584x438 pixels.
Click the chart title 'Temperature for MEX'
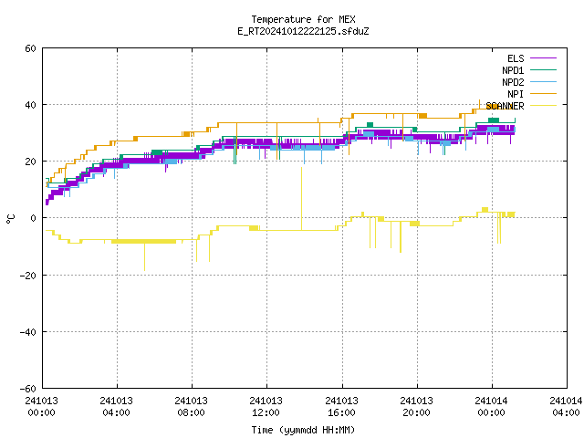(303, 19)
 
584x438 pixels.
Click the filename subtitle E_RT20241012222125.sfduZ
(303, 31)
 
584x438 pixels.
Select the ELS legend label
(516, 58)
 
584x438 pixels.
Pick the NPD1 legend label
(513, 70)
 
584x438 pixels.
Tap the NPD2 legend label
(513, 82)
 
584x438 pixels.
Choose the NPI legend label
(516, 94)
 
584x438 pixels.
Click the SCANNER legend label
(505, 106)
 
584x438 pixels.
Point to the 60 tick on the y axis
(30, 48)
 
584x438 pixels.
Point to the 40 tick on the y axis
(30, 105)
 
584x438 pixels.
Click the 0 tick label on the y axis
(34, 218)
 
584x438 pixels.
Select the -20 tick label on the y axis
(28, 276)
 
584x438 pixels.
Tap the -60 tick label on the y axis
(28, 389)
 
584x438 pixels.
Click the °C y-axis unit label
(10, 219)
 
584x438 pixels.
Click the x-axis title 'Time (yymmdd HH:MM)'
(303, 430)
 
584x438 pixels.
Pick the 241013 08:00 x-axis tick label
(191, 407)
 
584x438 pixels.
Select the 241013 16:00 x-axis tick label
(341, 407)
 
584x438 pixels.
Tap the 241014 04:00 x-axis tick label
(566, 407)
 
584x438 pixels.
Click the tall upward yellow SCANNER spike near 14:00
(301, 199)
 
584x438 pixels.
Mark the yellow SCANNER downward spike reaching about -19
(144, 256)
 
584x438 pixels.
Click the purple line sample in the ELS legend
(543, 58)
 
